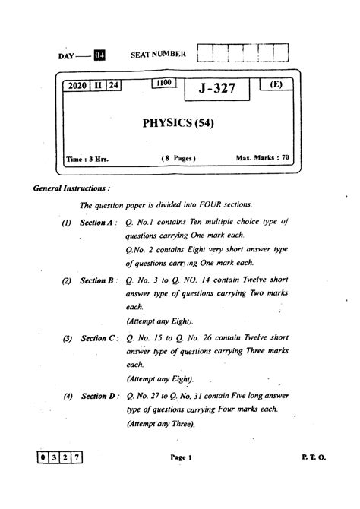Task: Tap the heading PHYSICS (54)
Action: (178, 122)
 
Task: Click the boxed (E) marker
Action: (276, 84)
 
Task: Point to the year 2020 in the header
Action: (78, 87)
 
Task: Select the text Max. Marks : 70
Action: (263, 158)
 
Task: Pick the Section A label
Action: (96, 222)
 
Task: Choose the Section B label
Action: (96, 280)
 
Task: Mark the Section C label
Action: (97, 337)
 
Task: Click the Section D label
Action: (97, 396)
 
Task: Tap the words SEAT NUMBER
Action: (159, 55)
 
